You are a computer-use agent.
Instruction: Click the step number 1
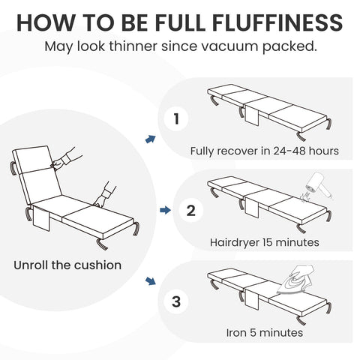click(x=176, y=118)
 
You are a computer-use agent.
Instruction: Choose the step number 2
click(x=190, y=211)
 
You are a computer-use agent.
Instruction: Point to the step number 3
click(x=176, y=302)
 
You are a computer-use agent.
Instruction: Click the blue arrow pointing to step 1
click(x=150, y=139)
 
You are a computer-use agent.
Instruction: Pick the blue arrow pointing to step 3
click(x=150, y=282)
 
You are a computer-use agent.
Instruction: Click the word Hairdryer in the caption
click(x=235, y=242)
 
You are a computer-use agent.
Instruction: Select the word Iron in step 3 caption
click(x=236, y=332)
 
